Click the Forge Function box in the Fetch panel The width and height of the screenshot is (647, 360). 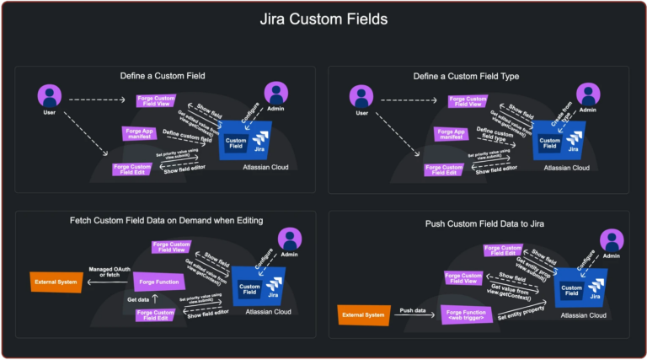[158, 281]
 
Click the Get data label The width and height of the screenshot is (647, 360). [138, 299]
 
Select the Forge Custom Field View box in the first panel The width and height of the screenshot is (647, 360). [155, 101]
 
